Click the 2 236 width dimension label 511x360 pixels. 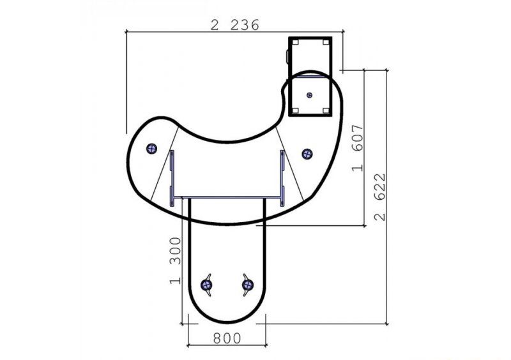(234, 25)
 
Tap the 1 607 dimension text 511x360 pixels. (358, 147)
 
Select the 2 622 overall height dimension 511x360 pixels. (379, 197)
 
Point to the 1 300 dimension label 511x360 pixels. (175, 260)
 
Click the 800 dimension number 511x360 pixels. (227, 338)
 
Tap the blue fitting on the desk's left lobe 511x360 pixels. (151, 149)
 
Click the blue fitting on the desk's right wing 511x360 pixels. (307, 154)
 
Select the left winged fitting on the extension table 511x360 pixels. (206, 285)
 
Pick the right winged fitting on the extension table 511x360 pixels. (248, 285)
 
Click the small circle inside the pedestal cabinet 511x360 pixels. (310, 95)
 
